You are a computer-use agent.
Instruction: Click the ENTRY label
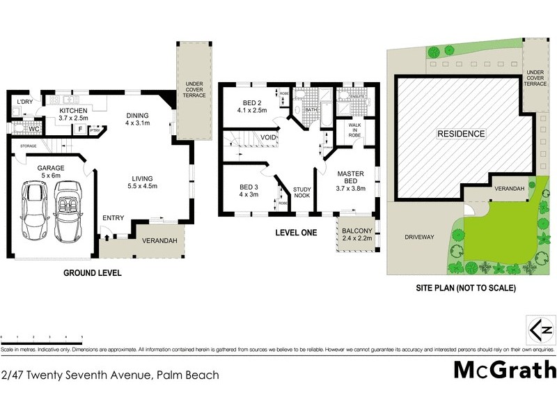(x=113, y=219)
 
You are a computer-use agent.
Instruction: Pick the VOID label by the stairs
(x=268, y=138)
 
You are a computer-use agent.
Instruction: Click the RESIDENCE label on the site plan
(x=460, y=133)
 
